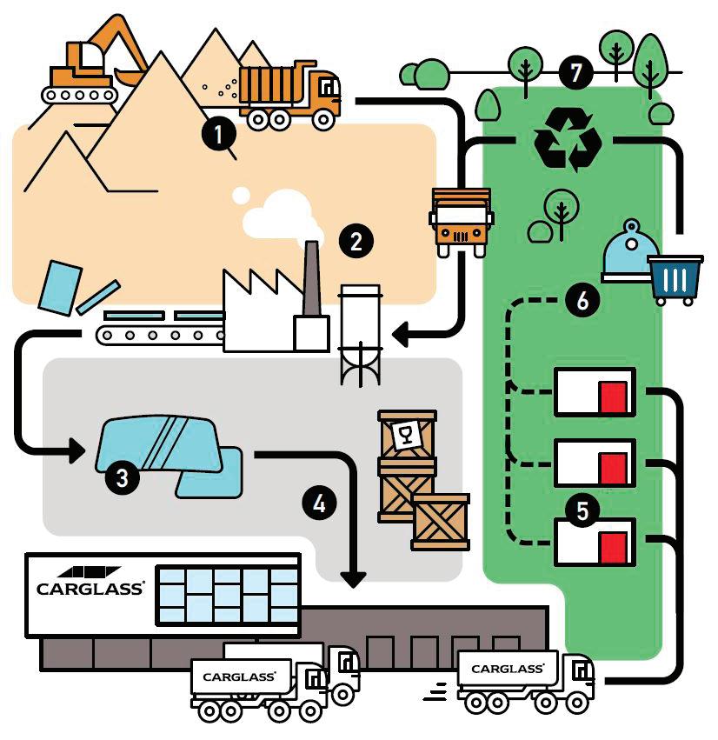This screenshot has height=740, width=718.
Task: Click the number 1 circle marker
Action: click(x=219, y=134)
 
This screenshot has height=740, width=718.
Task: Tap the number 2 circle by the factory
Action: click(x=356, y=241)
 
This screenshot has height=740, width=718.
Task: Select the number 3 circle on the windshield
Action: click(x=123, y=477)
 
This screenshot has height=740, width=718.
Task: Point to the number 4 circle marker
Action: click(x=319, y=503)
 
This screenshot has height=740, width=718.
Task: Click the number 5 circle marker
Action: click(x=582, y=510)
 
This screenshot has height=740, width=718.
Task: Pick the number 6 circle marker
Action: click(x=582, y=300)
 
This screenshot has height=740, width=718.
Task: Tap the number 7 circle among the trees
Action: click(x=575, y=73)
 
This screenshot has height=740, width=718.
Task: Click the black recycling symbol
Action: click(x=568, y=140)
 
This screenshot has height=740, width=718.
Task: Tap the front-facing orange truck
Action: click(x=461, y=222)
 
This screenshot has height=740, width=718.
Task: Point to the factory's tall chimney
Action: click(x=311, y=277)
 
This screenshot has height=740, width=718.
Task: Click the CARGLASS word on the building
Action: click(x=90, y=589)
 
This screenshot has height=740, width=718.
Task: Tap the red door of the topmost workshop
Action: click(x=614, y=397)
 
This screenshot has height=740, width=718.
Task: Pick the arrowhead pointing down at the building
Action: click(x=353, y=579)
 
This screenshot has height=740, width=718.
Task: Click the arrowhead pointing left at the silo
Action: click(x=400, y=335)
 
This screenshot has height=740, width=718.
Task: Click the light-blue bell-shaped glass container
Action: click(x=630, y=252)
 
